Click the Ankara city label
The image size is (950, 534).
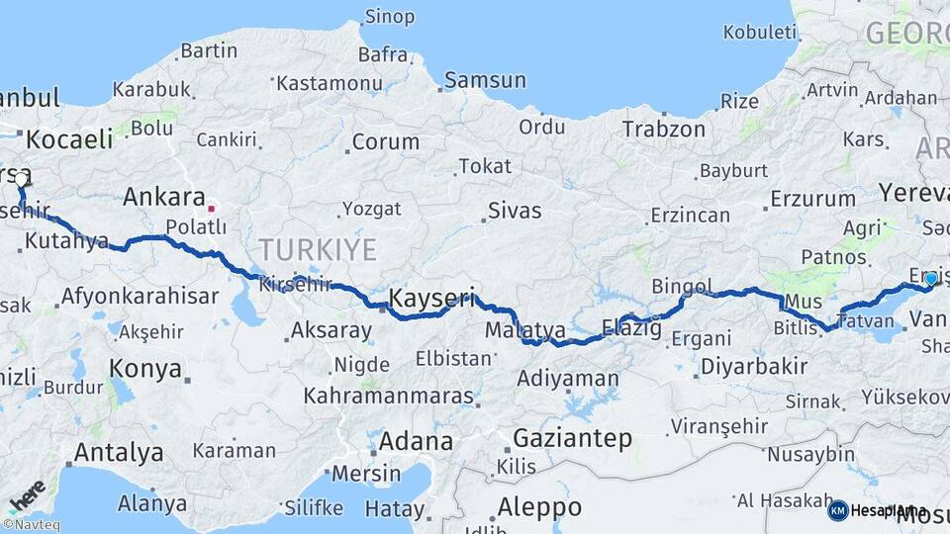[x=163, y=198]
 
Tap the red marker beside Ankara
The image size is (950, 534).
[x=211, y=209]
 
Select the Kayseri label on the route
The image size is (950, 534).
[x=432, y=297]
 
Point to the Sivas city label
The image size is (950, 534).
[x=515, y=211]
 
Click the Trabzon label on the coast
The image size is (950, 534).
[x=663, y=129]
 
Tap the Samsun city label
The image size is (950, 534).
[x=484, y=80]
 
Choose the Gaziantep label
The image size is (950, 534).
[x=572, y=438]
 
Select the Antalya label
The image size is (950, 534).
[x=119, y=453]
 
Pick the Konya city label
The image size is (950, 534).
[x=144, y=369]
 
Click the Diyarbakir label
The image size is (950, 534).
[x=753, y=367]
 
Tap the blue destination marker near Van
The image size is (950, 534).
[x=930, y=280]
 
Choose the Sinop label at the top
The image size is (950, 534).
[x=390, y=17]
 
